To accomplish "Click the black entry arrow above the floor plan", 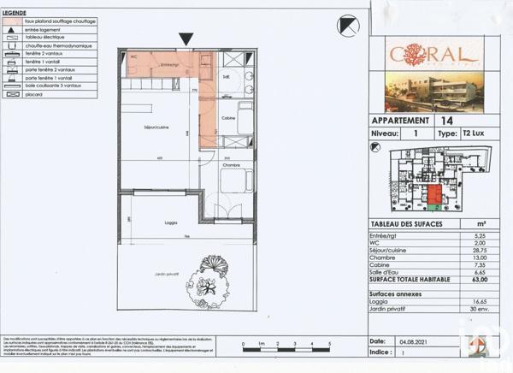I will click(186, 38).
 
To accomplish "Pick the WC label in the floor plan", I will click(134, 59).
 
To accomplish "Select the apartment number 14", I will click(450, 121).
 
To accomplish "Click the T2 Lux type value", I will click(473, 134).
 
